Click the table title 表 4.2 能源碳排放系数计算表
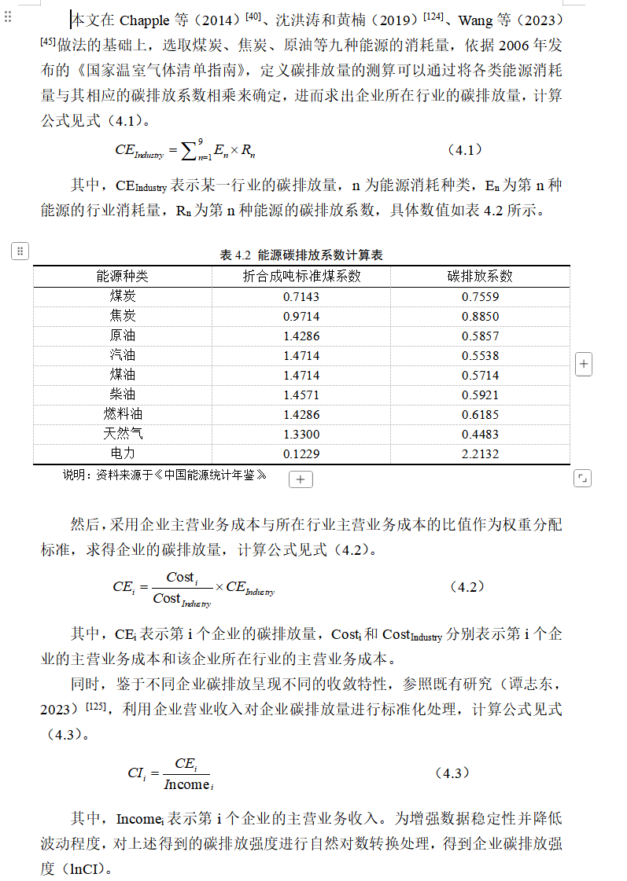301,255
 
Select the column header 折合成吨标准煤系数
301,276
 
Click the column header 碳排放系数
480,276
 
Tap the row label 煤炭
122,296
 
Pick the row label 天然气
122,434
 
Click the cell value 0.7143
301,297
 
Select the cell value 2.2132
480,454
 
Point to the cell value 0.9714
301,317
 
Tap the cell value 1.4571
301,395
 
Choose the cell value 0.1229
301,454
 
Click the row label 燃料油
122,414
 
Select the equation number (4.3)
452,773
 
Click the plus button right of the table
584,364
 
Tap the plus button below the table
301,479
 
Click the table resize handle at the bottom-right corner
582,478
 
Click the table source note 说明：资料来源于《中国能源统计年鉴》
164,475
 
